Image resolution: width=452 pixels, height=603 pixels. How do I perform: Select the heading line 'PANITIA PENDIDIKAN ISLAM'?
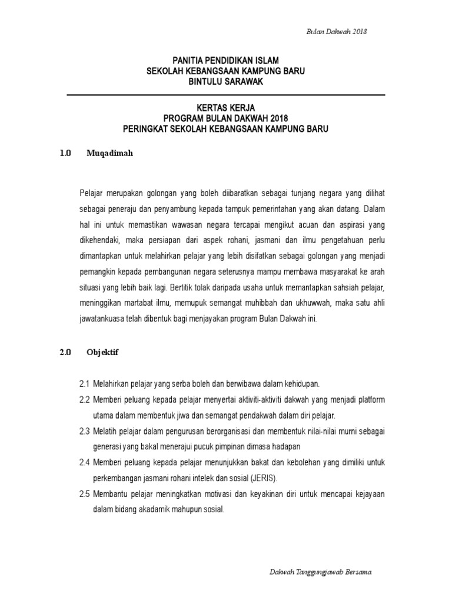[x=225, y=61]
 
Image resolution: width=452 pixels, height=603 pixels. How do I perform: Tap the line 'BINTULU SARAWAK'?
[x=225, y=82]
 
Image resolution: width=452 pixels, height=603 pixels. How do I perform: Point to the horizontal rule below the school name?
[x=225, y=95]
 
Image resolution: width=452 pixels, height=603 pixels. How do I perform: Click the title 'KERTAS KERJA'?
[x=225, y=108]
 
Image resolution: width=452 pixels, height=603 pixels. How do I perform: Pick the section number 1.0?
[x=65, y=153]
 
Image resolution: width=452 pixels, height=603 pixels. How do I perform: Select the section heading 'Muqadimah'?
[x=111, y=153]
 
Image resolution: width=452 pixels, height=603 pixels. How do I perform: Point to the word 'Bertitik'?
[x=184, y=289]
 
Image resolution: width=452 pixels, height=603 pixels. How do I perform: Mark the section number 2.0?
[x=65, y=353]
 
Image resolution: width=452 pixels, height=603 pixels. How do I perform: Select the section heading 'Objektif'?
[x=103, y=353]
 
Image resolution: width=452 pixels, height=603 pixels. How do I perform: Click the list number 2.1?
[x=84, y=384]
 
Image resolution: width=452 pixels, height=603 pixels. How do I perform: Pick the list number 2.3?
[x=84, y=432]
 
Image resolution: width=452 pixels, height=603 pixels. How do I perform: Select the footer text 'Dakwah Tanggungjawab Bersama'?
[x=320, y=572]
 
